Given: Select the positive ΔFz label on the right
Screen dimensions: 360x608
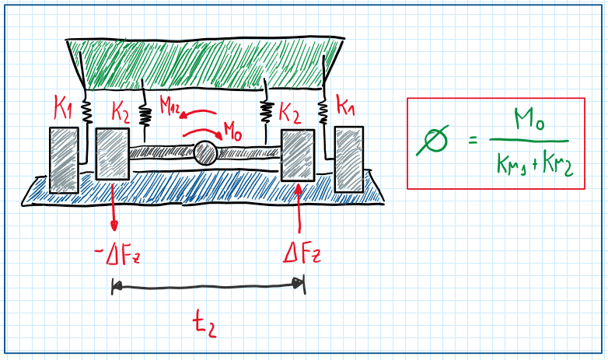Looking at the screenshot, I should tap(302, 253).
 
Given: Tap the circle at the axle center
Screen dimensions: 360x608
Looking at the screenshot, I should tap(206, 152).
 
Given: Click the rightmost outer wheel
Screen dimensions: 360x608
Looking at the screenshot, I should tap(349, 158).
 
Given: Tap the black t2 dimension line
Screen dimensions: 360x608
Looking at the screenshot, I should tap(208, 287).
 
